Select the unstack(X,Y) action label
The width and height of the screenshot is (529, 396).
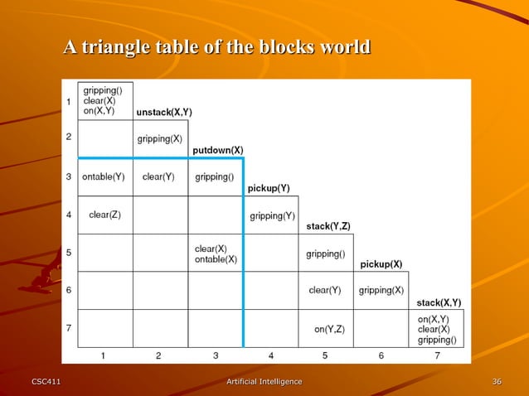pyautogui.click(x=164, y=112)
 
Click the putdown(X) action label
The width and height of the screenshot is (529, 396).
pyautogui.click(x=218, y=150)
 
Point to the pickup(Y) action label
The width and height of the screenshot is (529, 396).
pyautogui.click(x=269, y=188)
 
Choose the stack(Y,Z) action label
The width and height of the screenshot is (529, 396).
pyautogui.click(x=328, y=226)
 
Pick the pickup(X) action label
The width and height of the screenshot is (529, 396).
pyautogui.click(x=381, y=264)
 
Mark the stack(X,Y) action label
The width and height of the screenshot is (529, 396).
pyautogui.click(x=439, y=302)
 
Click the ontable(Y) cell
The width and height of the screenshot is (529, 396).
pyautogui.click(x=104, y=176)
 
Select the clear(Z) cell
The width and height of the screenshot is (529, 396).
pyautogui.click(x=104, y=215)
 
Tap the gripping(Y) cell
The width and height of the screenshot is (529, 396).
pyautogui.click(x=272, y=216)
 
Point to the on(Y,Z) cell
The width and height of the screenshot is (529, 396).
pyautogui.click(x=329, y=330)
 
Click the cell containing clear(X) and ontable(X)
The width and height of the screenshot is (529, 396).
pyautogui.click(x=216, y=254)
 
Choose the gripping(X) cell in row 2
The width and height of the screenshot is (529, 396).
pyautogui.click(x=160, y=138)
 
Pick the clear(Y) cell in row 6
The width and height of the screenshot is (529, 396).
pyautogui.click(x=324, y=290)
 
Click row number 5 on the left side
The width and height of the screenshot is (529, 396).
pyautogui.click(x=69, y=253)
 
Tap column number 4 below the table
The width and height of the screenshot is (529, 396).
pyautogui.click(x=271, y=356)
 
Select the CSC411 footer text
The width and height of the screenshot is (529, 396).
pyautogui.click(x=46, y=381)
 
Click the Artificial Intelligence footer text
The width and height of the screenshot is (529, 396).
pyautogui.click(x=264, y=381)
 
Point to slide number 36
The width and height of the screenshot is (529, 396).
pyautogui.click(x=496, y=381)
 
